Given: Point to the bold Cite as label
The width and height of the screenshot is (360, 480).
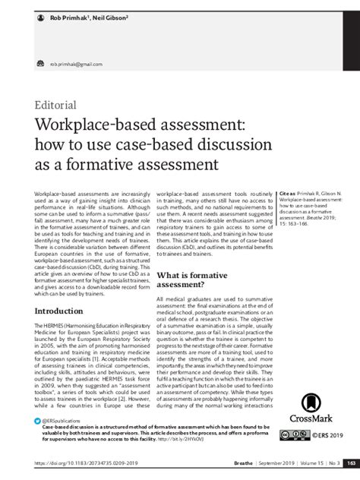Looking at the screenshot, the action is coord(288,194).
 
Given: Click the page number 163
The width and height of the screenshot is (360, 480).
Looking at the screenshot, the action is coord(350,463).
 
